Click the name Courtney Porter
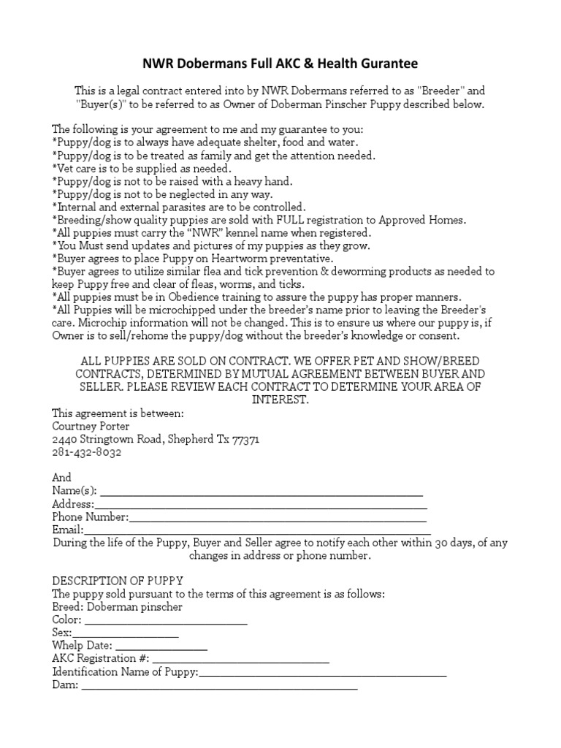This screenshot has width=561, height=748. pyautogui.click(x=91, y=426)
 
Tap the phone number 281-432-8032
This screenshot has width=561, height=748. pyautogui.click(x=87, y=452)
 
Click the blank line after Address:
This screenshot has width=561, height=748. pyautogui.click(x=261, y=505)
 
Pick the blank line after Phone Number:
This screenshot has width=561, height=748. pyautogui.click(x=278, y=518)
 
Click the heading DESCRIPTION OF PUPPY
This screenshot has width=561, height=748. pyautogui.click(x=118, y=581)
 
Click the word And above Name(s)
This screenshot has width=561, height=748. pyautogui.click(x=62, y=478)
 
